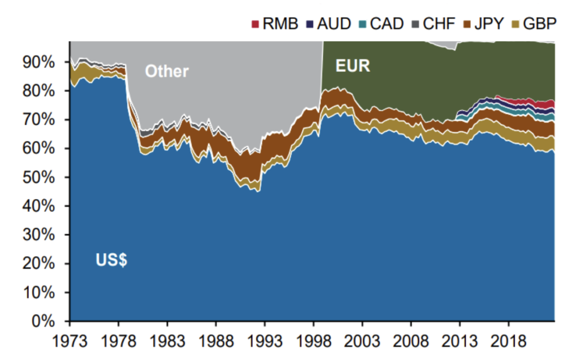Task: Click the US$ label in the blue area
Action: pos(111,261)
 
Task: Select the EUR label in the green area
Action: pos(353,66)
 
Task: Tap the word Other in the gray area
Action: pos(167,71)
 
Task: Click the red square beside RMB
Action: pos(255,24)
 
